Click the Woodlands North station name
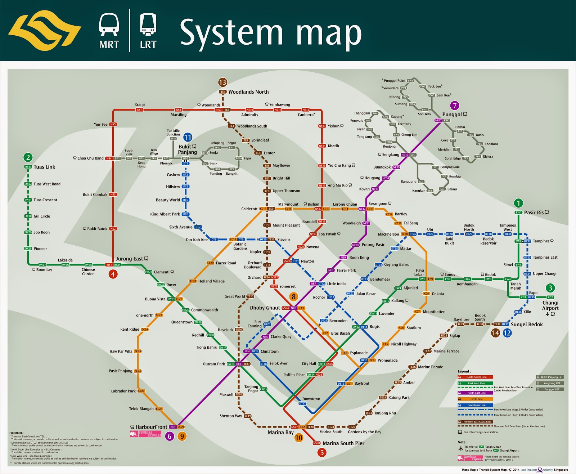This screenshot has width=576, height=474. click(x=248, y=92)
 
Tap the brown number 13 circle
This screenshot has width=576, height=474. click(x=222, y=82)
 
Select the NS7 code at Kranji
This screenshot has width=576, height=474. click(x=139, y=110)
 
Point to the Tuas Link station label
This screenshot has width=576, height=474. click(x=44, y=167)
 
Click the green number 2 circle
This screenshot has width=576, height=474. click(x=28, y=157)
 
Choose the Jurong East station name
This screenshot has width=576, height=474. click(x=129, y=259)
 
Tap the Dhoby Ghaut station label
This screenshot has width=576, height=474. click(x=265, y=308)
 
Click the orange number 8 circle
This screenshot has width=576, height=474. click(x=294, y=297)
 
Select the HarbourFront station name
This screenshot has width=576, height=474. click(x=151, y=427)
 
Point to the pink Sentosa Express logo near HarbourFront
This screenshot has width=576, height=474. click(x=146, y=434)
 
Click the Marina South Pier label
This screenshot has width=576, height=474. click(x=343, y=443)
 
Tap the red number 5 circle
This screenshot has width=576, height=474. click(x=322, y=452)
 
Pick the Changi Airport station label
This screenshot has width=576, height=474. click(x=550, y=305)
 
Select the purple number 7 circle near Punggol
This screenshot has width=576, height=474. click(x=455, y=106)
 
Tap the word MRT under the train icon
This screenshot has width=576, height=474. click(x=109, y=45)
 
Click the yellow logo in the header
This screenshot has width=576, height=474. click(x=45, y=31)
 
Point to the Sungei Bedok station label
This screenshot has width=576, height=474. click(x=527, y=325)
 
